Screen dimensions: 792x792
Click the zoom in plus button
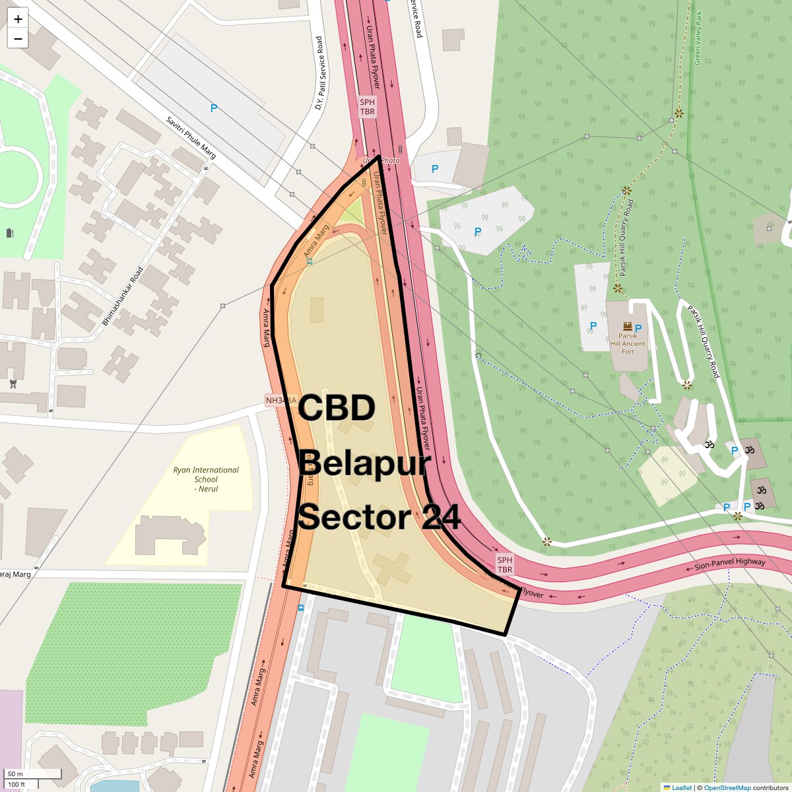coord(18,19)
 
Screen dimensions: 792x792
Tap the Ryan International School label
coord(206,479)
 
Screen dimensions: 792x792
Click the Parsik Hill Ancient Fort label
coord(628,343)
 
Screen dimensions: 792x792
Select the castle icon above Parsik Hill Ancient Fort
coord(628,326)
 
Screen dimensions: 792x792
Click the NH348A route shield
coord(280,401)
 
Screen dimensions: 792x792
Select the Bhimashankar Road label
coord(123,296)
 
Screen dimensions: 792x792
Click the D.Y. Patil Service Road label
coord(319,73)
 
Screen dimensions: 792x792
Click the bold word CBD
coord(336,409)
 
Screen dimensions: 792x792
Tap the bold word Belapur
coord(365,463)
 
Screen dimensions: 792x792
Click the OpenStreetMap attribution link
coord(727,787)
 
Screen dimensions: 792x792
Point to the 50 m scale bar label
coord(16,774)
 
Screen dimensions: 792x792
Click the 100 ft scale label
coord(16,784)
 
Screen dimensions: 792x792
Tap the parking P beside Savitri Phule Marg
coord(213,108)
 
